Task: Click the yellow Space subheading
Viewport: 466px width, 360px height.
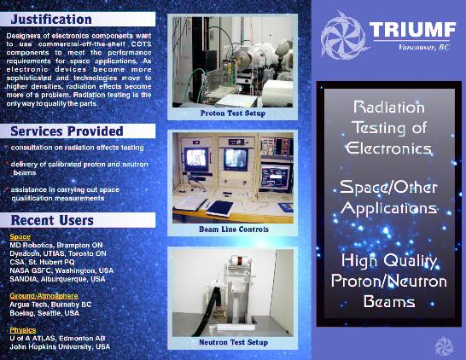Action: click(20, 236)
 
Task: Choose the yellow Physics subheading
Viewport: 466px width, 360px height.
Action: click(23, 329)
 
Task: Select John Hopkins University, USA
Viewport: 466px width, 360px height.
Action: click(60, 346)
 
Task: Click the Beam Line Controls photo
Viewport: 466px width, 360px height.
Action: click(232, 177)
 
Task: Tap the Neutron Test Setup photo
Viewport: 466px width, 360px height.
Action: click(232, 291)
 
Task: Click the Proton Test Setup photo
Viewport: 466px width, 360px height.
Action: click(232, 61)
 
